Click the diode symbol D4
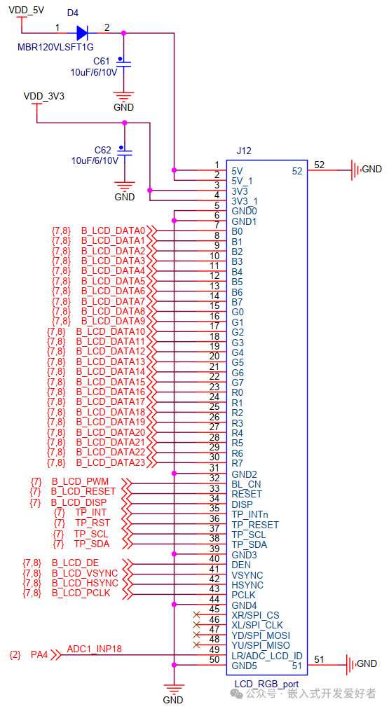[x=81, y=32]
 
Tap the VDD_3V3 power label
[x=43, y=96]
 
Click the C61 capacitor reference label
[x=102, y=62]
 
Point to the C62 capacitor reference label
[x=103, y=150]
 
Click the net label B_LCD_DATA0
[x=113, y=230]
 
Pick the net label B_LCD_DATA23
[x=110, y=462]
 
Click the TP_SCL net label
[x=92, y=534]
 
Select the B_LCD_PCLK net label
[x=81, y=593]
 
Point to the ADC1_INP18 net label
[x=95, y=649]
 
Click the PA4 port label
[x=39, y=655]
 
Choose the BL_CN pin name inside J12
[x=246, y=483]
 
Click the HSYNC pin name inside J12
[x=247, y=585]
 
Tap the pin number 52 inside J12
[x=296, y=170]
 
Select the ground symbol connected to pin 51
[x=354, y=663]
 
